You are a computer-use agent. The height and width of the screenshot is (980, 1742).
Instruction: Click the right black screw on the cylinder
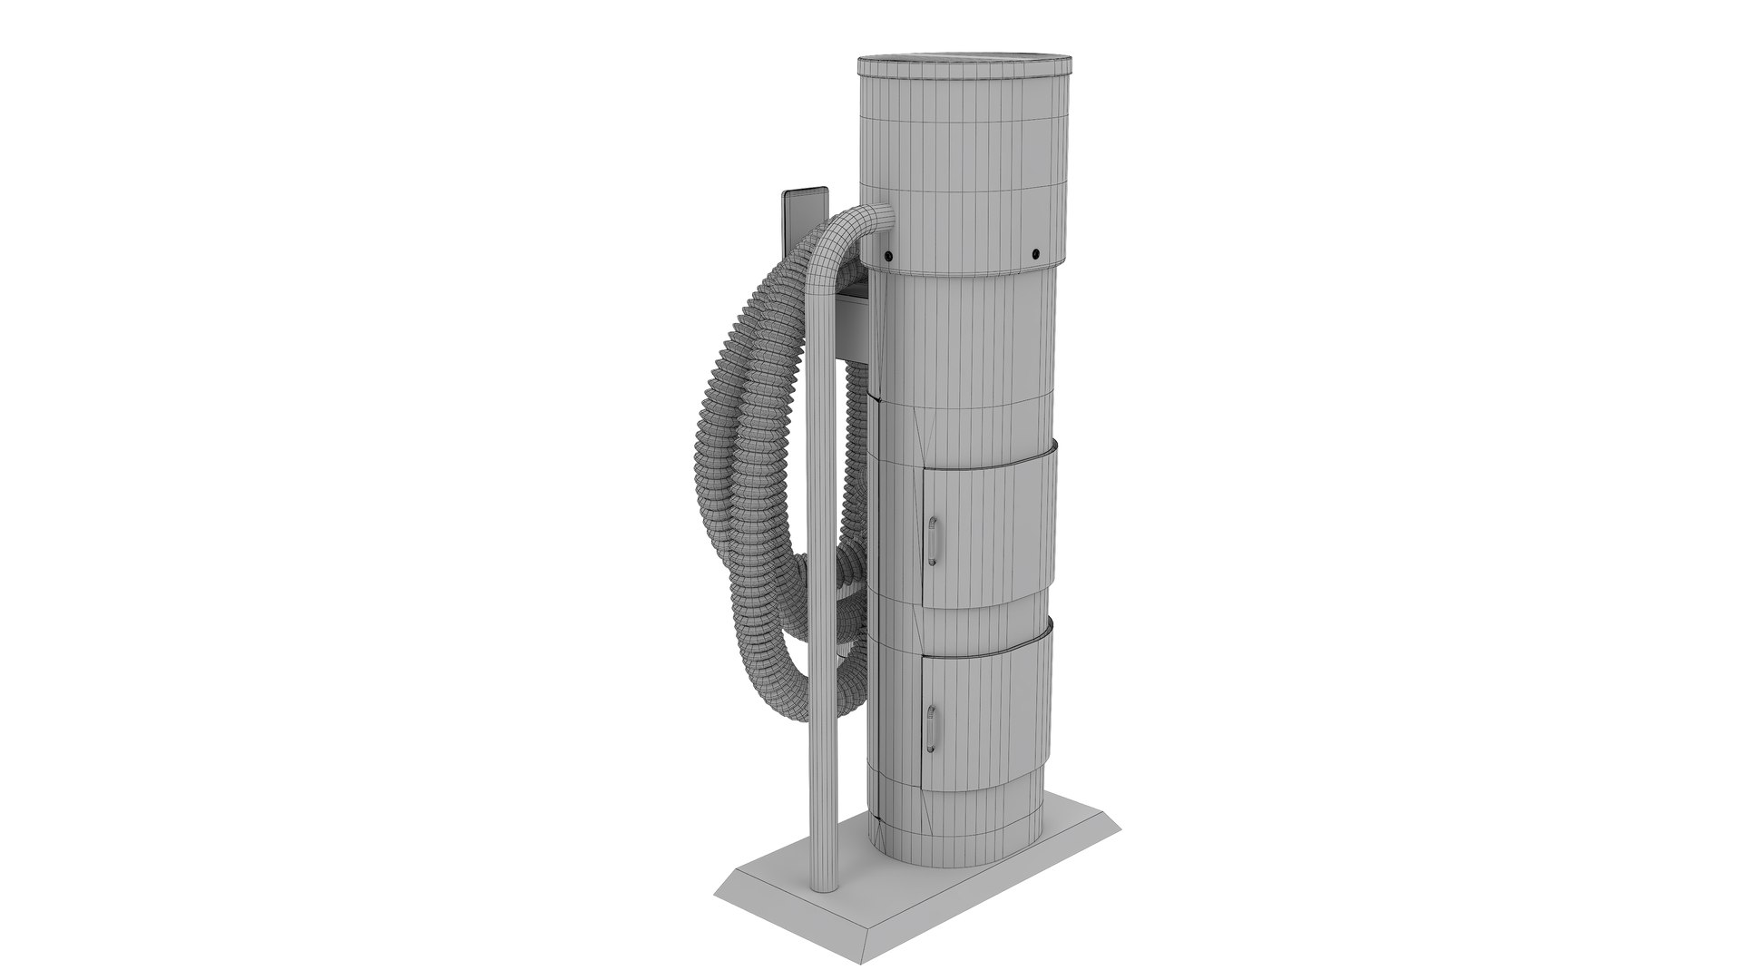(x=1035, y=251)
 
